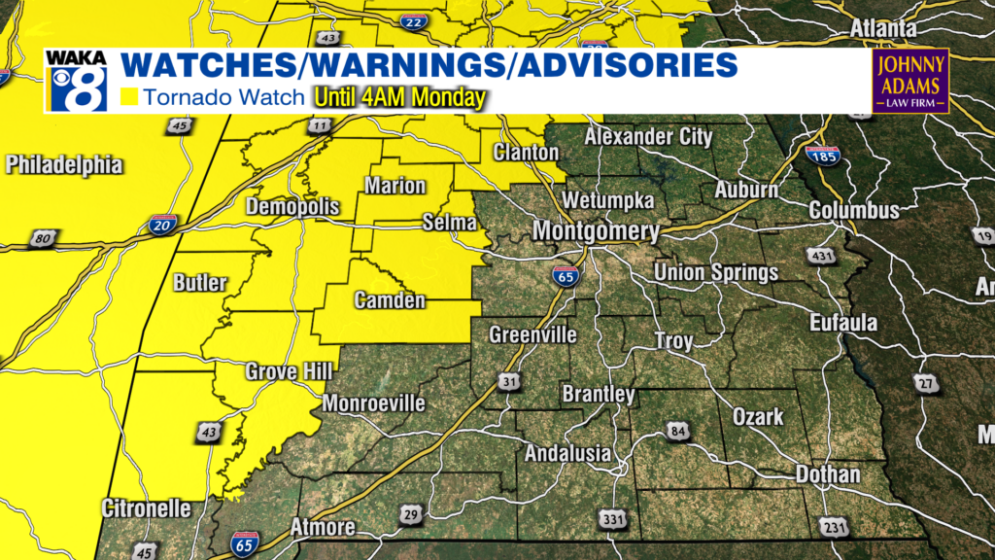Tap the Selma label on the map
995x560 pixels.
point(449,224)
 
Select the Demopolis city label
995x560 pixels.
point(292,207)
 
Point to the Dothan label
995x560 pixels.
point(827,474)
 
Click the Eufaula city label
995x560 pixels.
point(844,323)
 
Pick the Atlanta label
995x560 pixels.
point(882,29)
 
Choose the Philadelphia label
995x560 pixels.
point(64,165)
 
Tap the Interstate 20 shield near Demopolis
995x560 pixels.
point(162,226)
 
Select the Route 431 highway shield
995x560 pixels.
point(817,255)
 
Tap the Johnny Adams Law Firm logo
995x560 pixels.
point(909,81)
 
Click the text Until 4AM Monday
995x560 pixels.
point(398,98)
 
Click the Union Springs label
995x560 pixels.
point(715,272)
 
